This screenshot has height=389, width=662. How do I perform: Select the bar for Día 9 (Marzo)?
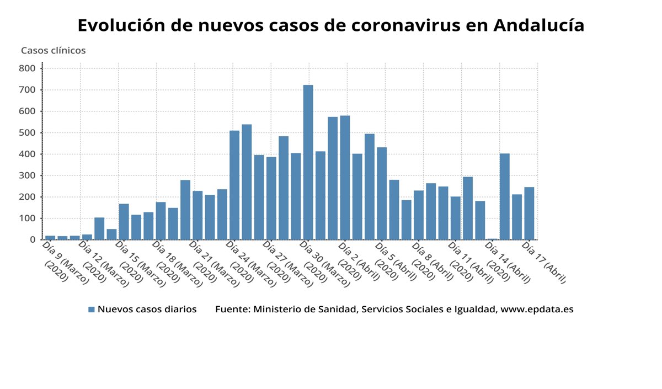(x=50, y=237)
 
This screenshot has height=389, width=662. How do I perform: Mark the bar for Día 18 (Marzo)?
(x=161, y=221)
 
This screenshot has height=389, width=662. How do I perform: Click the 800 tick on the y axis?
(x=27, y=68)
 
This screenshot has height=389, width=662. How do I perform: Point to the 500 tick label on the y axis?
(x=27, y=133)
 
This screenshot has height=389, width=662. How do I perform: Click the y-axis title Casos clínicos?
(x=54, y=50)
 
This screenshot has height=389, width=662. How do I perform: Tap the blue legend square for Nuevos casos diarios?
(x=92, y=310)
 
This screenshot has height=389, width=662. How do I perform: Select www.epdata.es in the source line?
(x=537, y=310)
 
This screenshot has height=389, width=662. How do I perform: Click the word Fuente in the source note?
(x=231, y=310)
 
